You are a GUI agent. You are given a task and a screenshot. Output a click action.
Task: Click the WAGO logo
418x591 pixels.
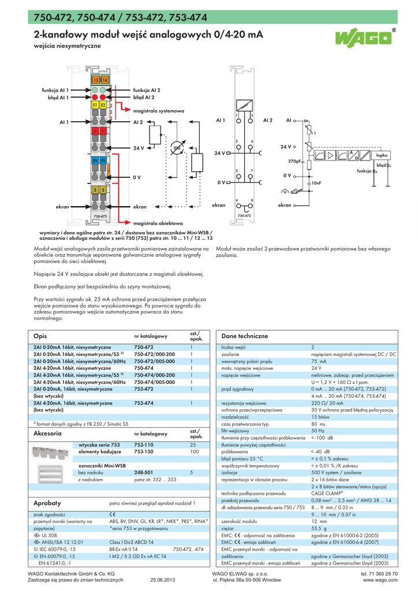pos(364,39)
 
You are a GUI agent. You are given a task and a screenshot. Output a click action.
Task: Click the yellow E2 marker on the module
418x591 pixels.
pos(103,106)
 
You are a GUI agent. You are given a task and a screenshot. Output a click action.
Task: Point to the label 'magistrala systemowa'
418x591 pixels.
pos(158,110)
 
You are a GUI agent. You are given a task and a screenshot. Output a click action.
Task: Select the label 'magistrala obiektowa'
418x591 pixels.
pos(158,223)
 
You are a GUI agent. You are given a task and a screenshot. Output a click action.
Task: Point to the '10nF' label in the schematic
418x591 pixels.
pos(316,183)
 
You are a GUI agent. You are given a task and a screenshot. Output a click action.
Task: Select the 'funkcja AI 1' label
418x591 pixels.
pos(55,91)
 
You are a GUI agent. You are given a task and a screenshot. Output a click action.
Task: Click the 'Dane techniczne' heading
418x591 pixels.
pos(245,336)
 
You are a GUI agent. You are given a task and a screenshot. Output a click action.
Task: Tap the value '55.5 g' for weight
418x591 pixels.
pos(319,528)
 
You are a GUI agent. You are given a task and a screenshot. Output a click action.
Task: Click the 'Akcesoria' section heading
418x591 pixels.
pos(48,433)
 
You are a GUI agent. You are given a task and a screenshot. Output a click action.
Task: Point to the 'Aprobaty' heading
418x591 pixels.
pos(47,503)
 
